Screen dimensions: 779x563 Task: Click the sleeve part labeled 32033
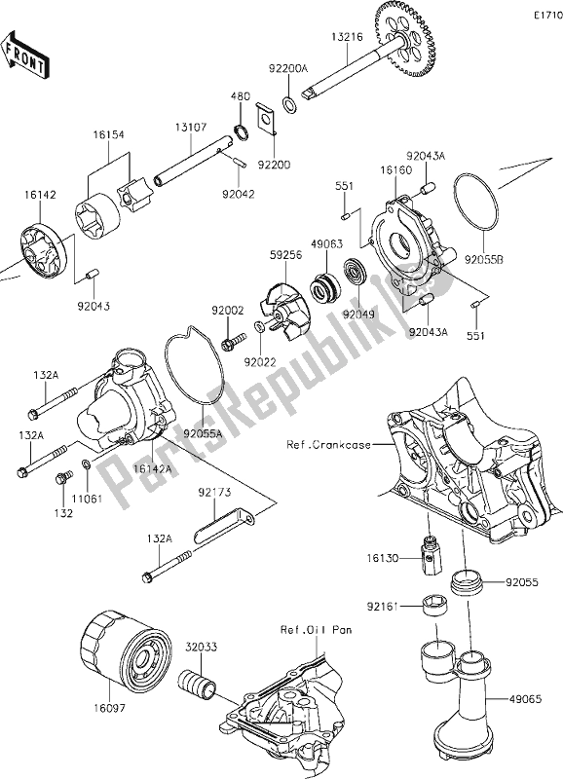202,681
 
